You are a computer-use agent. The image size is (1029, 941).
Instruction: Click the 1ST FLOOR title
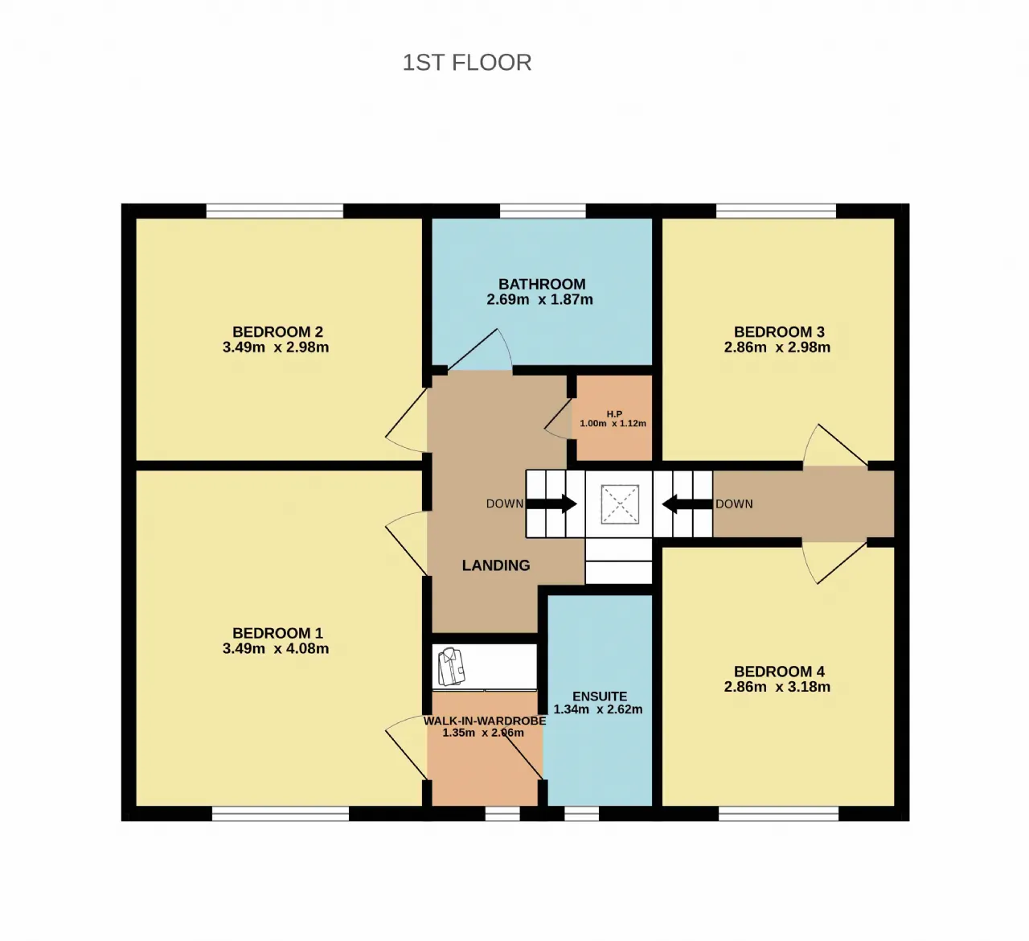point(467,63)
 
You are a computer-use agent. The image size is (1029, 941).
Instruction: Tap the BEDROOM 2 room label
point(277,331)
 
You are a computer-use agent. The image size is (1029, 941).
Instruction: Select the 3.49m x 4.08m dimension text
point(276,648)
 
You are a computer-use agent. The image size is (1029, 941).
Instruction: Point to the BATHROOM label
point(542,284)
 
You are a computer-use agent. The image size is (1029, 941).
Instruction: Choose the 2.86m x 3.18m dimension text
point(777,686)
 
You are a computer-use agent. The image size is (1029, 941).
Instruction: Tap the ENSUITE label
point(600,697)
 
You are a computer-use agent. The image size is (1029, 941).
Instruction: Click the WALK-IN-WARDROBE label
point(485,721)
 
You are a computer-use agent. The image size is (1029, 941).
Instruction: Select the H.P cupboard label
point(614,413)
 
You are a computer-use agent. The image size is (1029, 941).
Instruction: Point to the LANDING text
point(495,565)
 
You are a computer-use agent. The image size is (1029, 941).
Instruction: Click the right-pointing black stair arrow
point(551,503)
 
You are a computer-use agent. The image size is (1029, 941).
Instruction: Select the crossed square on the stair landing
point(620,504)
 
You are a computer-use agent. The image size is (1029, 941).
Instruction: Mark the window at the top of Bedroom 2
point(274,211)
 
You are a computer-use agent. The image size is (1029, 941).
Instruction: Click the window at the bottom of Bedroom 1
point(281,814)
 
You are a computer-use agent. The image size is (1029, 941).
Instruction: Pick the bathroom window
point(543,211)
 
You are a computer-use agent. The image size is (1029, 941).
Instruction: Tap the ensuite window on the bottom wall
point(582,814)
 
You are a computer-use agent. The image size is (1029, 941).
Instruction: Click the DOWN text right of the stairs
point(734,504)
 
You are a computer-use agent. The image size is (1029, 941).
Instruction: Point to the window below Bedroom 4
point(778,814)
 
